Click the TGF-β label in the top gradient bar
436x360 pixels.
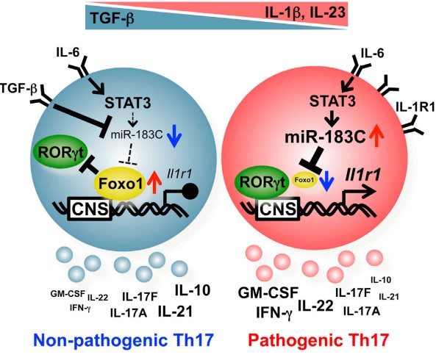click(x=112, y=19)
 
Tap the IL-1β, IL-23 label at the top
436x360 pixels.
click(x=304, y=12)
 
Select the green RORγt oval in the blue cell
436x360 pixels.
click(x=60, y=152)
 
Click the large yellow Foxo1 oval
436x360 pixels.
click(x=121, y=184)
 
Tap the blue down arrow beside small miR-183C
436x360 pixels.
click(x=174, y=136)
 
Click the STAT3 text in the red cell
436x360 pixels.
click(x=332, y=101)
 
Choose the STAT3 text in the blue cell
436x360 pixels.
click(x=128, y=103)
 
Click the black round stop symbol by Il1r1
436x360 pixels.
click(x=191, y=191)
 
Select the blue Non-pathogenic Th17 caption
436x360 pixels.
click(x=124, y=340)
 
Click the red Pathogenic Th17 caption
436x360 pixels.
click(x=318, y=340)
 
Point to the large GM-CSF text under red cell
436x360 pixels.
click(x=268, y=293)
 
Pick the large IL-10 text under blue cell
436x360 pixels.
click(x=193, y=290)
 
